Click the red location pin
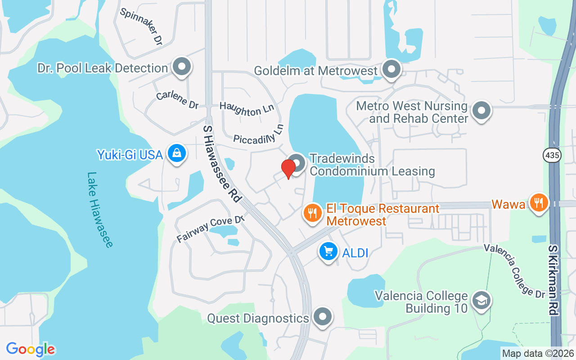288,168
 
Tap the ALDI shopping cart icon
328,251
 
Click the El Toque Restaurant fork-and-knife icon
312,212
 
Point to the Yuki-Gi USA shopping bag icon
178,153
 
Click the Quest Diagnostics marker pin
322,317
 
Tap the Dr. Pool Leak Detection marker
182,67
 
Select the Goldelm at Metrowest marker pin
391,70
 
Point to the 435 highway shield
551,154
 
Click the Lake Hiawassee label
100,210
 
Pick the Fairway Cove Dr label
210,229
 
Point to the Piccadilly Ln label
259,135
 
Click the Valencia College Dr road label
514,271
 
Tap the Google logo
31,349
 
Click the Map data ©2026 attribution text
538,353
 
